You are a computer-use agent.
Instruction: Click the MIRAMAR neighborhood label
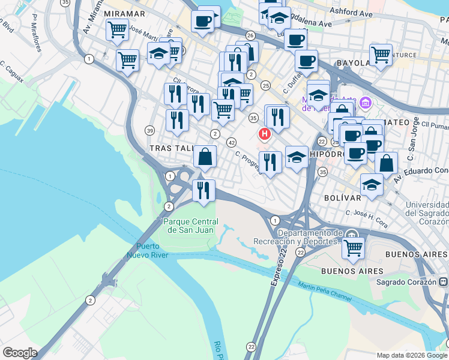(124, 13)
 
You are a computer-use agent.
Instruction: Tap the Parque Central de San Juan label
(188, 225)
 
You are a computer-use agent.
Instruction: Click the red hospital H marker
(263, 133)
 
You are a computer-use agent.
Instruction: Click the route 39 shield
(149, 130)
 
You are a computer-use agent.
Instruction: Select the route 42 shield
(231, 142)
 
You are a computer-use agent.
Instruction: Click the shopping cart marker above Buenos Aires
(354, 247)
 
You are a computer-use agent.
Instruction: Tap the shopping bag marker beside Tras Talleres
(205, 157)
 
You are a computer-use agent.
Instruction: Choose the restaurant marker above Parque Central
(203, 190)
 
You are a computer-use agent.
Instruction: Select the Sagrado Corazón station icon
(443, 281)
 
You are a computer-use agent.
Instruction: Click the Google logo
(19, 352)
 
